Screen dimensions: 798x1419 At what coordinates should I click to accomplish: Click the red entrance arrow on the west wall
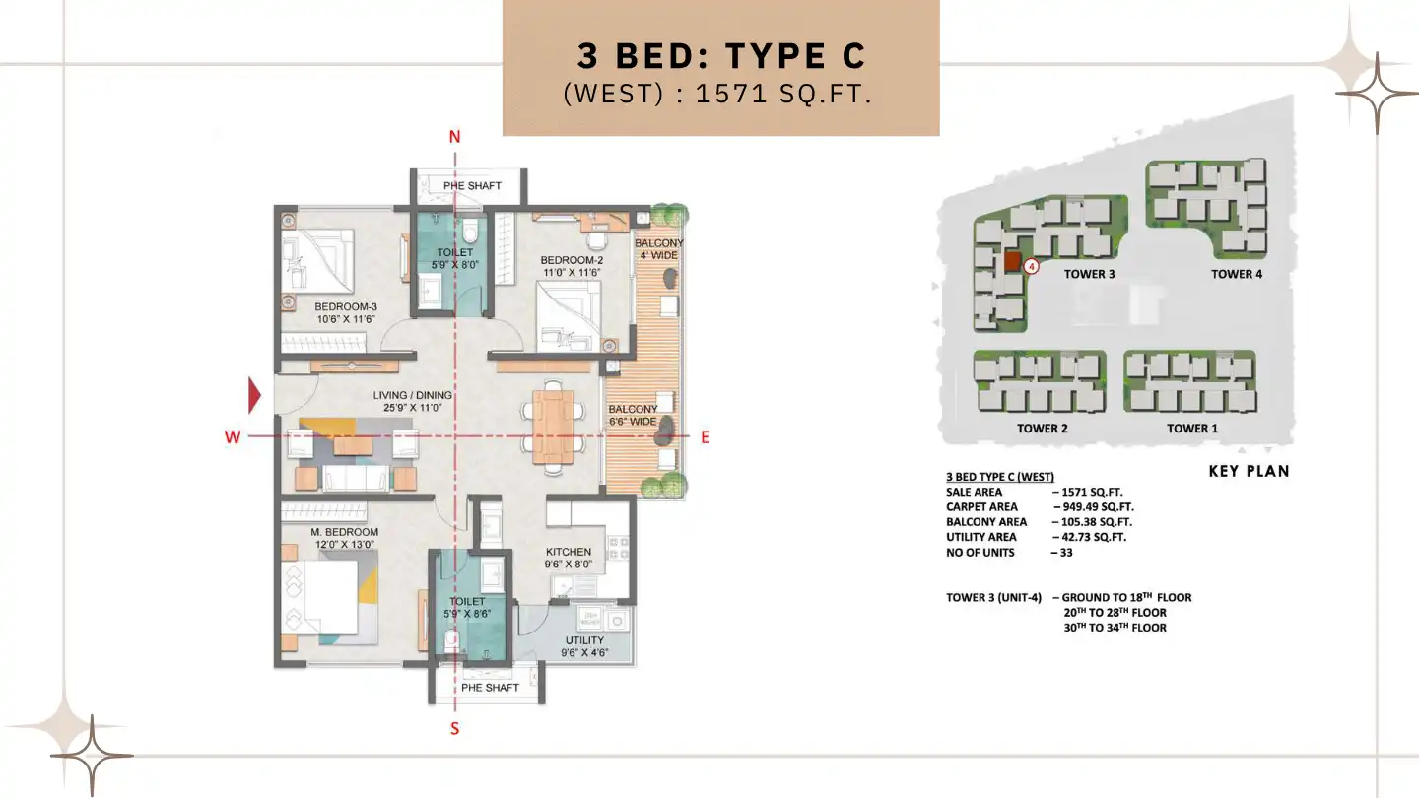tap(254, 395)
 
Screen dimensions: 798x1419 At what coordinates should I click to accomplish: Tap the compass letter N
tap(454, 137)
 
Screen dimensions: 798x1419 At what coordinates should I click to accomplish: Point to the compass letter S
tap(454, 729)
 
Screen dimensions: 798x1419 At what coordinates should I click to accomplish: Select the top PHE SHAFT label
tap(472, 185)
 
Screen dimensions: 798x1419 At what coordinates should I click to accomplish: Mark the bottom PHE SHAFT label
tap(490, 687)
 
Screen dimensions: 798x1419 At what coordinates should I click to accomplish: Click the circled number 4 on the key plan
tap(1031, 265)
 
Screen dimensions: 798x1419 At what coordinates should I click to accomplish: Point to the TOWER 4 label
tap(1237, 274)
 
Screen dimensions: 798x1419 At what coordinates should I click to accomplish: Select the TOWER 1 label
tap(1192, 429)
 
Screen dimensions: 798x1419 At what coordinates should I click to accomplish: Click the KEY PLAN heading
tap(1249, 471)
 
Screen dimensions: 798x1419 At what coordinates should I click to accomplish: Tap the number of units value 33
tap(1066, 553)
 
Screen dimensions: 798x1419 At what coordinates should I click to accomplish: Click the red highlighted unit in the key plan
tap(1011, 262)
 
